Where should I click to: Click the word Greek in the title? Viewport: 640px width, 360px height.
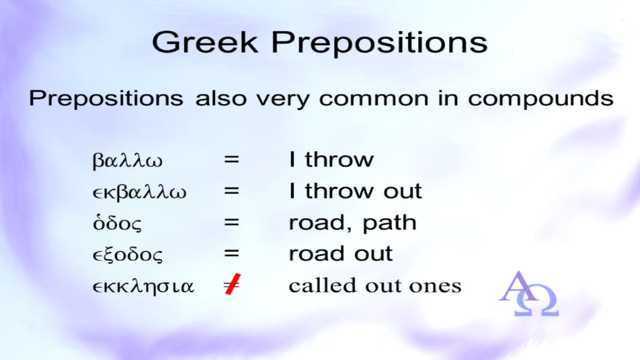click(205, 42)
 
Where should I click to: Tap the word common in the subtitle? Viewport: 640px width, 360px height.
click(374, 99)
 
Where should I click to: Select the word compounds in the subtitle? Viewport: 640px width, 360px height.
click(541, 99)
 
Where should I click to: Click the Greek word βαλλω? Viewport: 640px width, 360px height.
click(127, 161)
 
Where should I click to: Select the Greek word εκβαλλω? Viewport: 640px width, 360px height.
click(139, 191)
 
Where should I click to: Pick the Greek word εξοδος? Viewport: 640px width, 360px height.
click(127, 254)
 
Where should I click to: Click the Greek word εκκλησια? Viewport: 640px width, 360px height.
click(143, 286)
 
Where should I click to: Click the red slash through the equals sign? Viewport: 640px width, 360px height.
click(233, 284)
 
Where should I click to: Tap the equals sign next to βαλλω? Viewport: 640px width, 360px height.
click(231, 159)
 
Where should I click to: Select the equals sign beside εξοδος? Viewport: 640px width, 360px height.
click(231, 254)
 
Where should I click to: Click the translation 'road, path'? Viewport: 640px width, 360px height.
click(353, 223)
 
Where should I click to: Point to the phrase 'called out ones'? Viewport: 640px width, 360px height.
click(375, 285)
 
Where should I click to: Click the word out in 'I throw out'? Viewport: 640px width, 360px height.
click(403, 191)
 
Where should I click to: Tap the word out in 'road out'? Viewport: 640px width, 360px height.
click(373, 254)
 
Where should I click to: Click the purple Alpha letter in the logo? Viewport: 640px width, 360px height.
click(518, 286)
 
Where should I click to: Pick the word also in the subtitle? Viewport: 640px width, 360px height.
click(221, 98)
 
